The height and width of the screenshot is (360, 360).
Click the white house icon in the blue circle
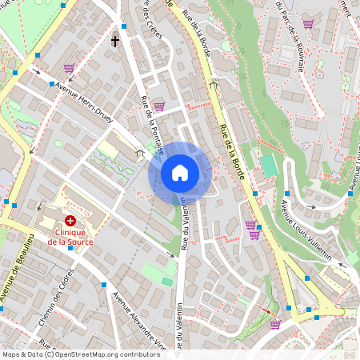(x=180, y=172)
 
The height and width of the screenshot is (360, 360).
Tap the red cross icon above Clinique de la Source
(x=70, y=219)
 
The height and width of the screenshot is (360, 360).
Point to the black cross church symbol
(x=115, y=40)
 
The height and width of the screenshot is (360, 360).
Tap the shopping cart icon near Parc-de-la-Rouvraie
(x=308, y=24)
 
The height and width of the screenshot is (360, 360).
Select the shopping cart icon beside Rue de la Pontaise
(x=158, y=106)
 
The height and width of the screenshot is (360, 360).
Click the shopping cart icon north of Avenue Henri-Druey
(x=69, y=69)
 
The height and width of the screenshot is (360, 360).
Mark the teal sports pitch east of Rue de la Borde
(x=267, y=166)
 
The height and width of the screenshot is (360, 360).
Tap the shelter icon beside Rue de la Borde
(x=214, y=82)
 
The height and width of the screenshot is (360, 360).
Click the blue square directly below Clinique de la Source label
(x=70, y=249)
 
